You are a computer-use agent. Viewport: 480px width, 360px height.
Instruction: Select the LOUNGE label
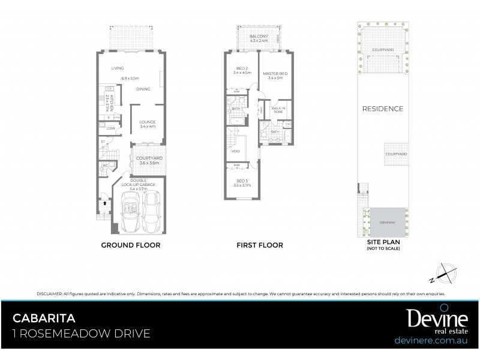(148, 122)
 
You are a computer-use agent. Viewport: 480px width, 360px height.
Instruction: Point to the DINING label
(143, 89)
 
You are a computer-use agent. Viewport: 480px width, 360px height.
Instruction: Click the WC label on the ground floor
(106, 165)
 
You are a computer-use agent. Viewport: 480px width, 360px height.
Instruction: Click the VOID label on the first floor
(236, 151)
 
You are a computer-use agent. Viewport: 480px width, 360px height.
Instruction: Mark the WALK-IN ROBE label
(278, 110)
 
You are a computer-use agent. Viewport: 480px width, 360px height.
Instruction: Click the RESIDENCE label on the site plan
(382, 109)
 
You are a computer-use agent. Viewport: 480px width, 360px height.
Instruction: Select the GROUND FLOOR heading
(130, 245)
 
